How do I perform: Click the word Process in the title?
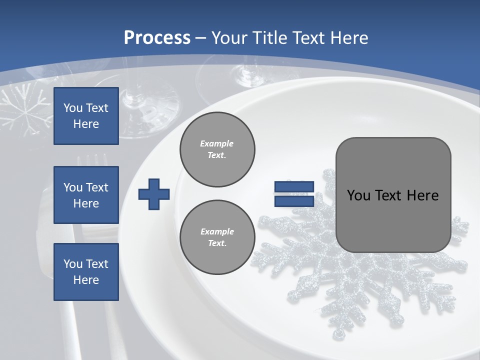pos(157,37)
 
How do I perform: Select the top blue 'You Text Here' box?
pos(86,116)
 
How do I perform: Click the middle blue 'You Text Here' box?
pos(86,195)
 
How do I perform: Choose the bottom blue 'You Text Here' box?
pos(86,271)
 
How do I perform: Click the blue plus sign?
pos(153,194)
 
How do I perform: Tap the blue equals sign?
pos(294,194)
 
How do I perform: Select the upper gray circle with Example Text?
pos(217,149)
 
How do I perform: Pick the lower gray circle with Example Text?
pos(217,237)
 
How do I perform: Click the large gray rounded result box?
pos(393,195)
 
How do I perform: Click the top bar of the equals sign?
pos(294,187)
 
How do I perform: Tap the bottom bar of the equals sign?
pos(294,201)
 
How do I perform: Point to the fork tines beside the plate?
pos(92,160)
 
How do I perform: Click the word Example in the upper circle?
pos(217,143)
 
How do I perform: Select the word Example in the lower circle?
pos(217,231)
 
